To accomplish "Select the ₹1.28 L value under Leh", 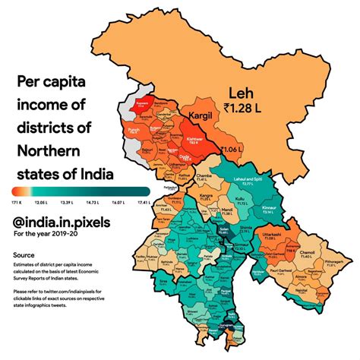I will [245, 111].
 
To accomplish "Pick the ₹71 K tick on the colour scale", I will [15, 204].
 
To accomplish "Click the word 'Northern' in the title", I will [53, 150].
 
